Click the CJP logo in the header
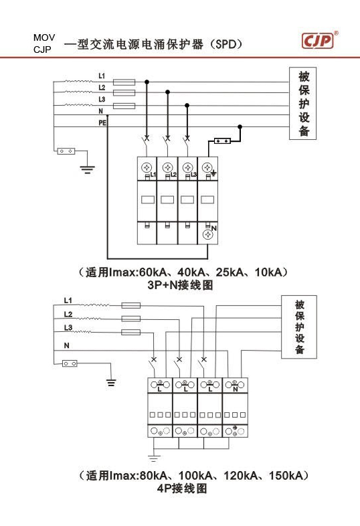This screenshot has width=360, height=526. click(318, 41)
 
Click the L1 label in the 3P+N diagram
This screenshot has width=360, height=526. click(102, 76)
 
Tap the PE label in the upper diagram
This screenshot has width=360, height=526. click(102, 123)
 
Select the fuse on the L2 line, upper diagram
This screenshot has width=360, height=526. click(124, 92)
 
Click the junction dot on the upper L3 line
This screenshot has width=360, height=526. click(187, 105)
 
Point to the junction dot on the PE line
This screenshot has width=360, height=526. click(240, 126)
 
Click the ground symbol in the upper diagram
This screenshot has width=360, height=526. click(87, 169)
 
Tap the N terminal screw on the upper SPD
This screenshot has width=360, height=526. click(207, 235)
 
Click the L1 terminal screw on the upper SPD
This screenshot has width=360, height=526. click(147, 167)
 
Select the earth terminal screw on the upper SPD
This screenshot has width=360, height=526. click(207, 167)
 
